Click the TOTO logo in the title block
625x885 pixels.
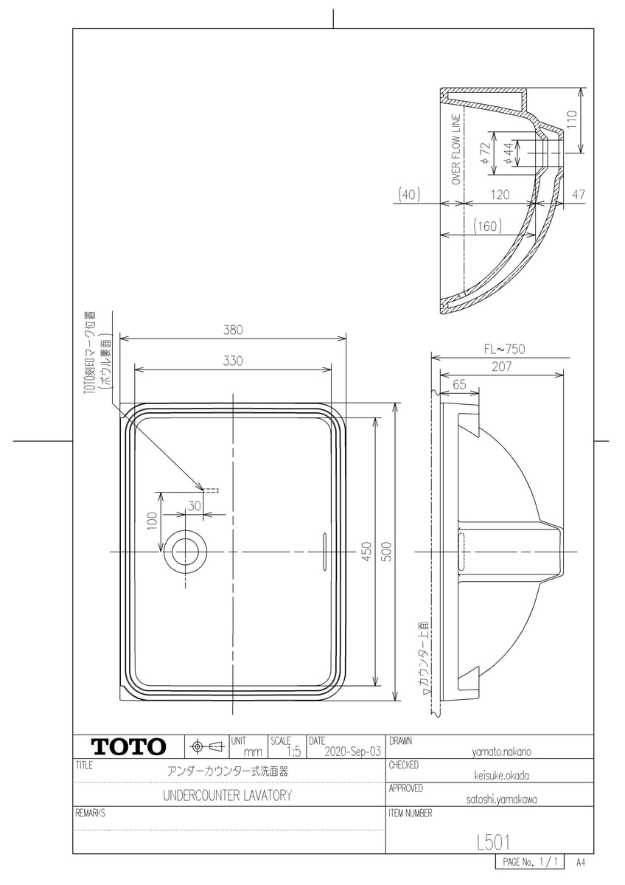[x=128, y=746]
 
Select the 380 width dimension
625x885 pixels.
[x=234, y=330]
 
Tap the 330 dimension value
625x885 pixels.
[x=234, y=361]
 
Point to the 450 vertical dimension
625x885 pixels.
[x=366, y=552]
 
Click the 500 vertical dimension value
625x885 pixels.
[x=386, y=552]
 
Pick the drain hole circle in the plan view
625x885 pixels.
[x=185, y=552]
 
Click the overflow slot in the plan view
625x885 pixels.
[x=322, y=552]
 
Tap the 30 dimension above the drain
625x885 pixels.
[x=194, y=506]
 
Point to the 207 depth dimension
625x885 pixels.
[x=504, y=367]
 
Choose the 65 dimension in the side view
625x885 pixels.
[x=459, y=384]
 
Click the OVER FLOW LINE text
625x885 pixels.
[x=456, y=149]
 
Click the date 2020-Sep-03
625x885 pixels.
[x=352, y=752]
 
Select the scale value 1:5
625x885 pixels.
[x=293, y=752]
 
